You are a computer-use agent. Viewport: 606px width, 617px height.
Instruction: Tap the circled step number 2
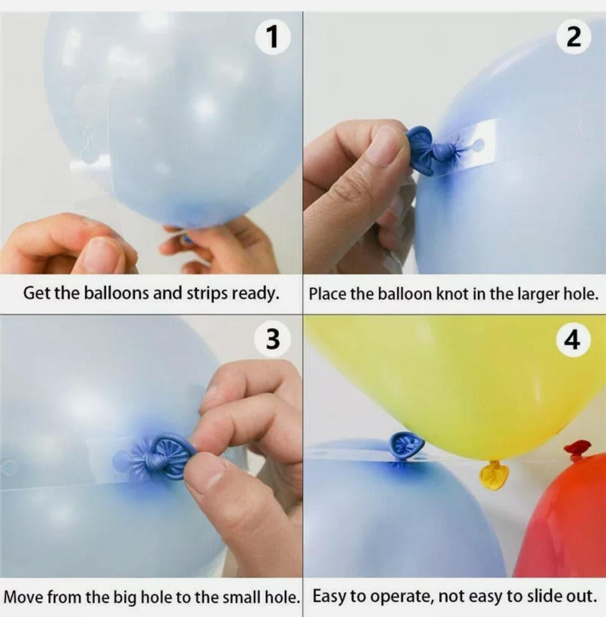point(573,37)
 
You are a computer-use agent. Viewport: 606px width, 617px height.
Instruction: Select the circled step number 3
point(273,339)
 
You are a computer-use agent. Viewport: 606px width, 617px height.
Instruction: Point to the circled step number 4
point(573,339)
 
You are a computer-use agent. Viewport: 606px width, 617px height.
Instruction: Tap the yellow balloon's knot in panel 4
point(494,475)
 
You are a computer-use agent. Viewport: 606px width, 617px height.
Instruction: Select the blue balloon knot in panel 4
point(406,446)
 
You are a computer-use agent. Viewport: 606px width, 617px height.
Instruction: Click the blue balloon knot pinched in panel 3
point(165,456)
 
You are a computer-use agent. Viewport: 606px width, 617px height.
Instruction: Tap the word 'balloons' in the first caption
point(117,293)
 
